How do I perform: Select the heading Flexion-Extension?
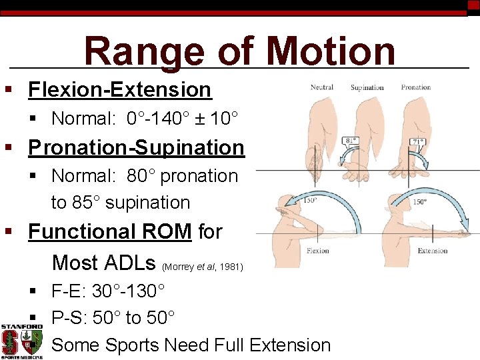point(119,89)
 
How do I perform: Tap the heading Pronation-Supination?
point(136,147)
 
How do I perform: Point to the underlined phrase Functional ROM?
point(111,232)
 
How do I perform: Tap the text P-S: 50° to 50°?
point(113,318)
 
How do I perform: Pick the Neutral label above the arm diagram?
point(322,87)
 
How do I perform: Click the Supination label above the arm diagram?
point(367,87)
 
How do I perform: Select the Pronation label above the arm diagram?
point(415,87)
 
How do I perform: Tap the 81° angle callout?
point(351,141)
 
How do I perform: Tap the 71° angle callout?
point(417,141)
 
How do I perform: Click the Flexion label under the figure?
point(318,251)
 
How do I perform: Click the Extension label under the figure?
point(432,251)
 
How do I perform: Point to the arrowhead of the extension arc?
point(469,231)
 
